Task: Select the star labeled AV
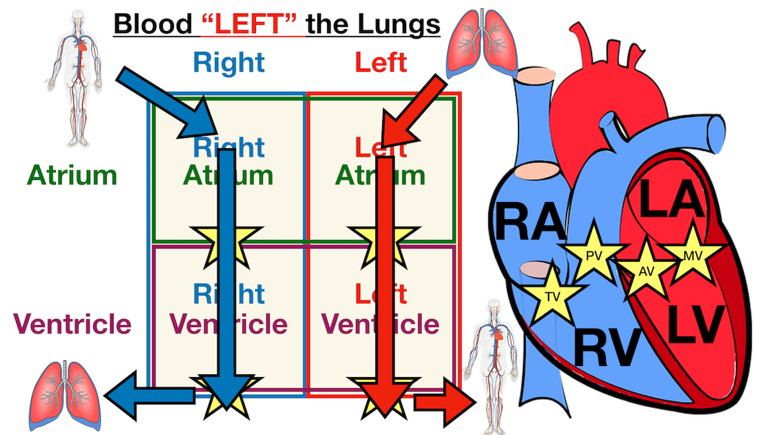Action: click(x=645, y=270)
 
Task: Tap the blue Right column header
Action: click(x=228, y=63)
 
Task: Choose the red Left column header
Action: click(x=380, y=63)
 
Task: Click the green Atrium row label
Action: click(x=72, y=175)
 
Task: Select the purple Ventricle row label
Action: click(x=72, y=323)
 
